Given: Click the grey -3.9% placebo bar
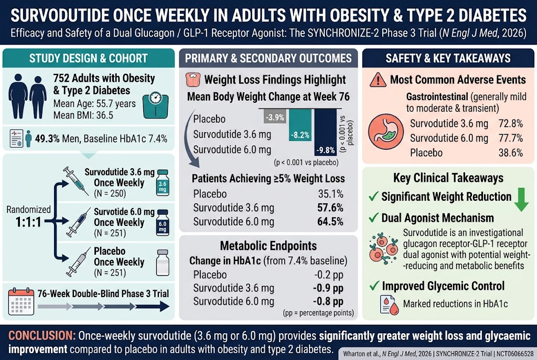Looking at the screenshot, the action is (275, 116).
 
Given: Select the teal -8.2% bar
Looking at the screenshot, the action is (300, 125).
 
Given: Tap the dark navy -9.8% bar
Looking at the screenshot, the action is (325, 133).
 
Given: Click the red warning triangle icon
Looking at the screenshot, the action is (378, 80).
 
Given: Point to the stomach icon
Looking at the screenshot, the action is (385, 132).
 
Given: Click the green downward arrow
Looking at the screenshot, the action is (521, 200).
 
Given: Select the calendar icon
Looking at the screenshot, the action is (21, 301).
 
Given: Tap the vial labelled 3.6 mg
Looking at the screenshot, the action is (163, 183).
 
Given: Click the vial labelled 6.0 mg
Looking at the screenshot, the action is (163, 222).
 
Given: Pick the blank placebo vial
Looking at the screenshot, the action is (163, 263).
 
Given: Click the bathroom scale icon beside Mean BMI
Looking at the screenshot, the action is (155, 105).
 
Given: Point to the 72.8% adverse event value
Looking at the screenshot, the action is (510, 124).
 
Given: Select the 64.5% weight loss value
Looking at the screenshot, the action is (330, 222).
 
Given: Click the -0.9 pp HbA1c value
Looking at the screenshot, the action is (328, 288).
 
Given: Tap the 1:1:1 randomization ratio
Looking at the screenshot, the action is (28, 222).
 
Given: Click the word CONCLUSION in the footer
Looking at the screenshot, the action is (42, 335).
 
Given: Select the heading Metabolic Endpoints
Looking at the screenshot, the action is (268, 246).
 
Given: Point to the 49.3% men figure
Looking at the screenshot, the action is (47, 138).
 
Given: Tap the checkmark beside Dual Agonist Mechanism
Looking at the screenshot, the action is (373, 217).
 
